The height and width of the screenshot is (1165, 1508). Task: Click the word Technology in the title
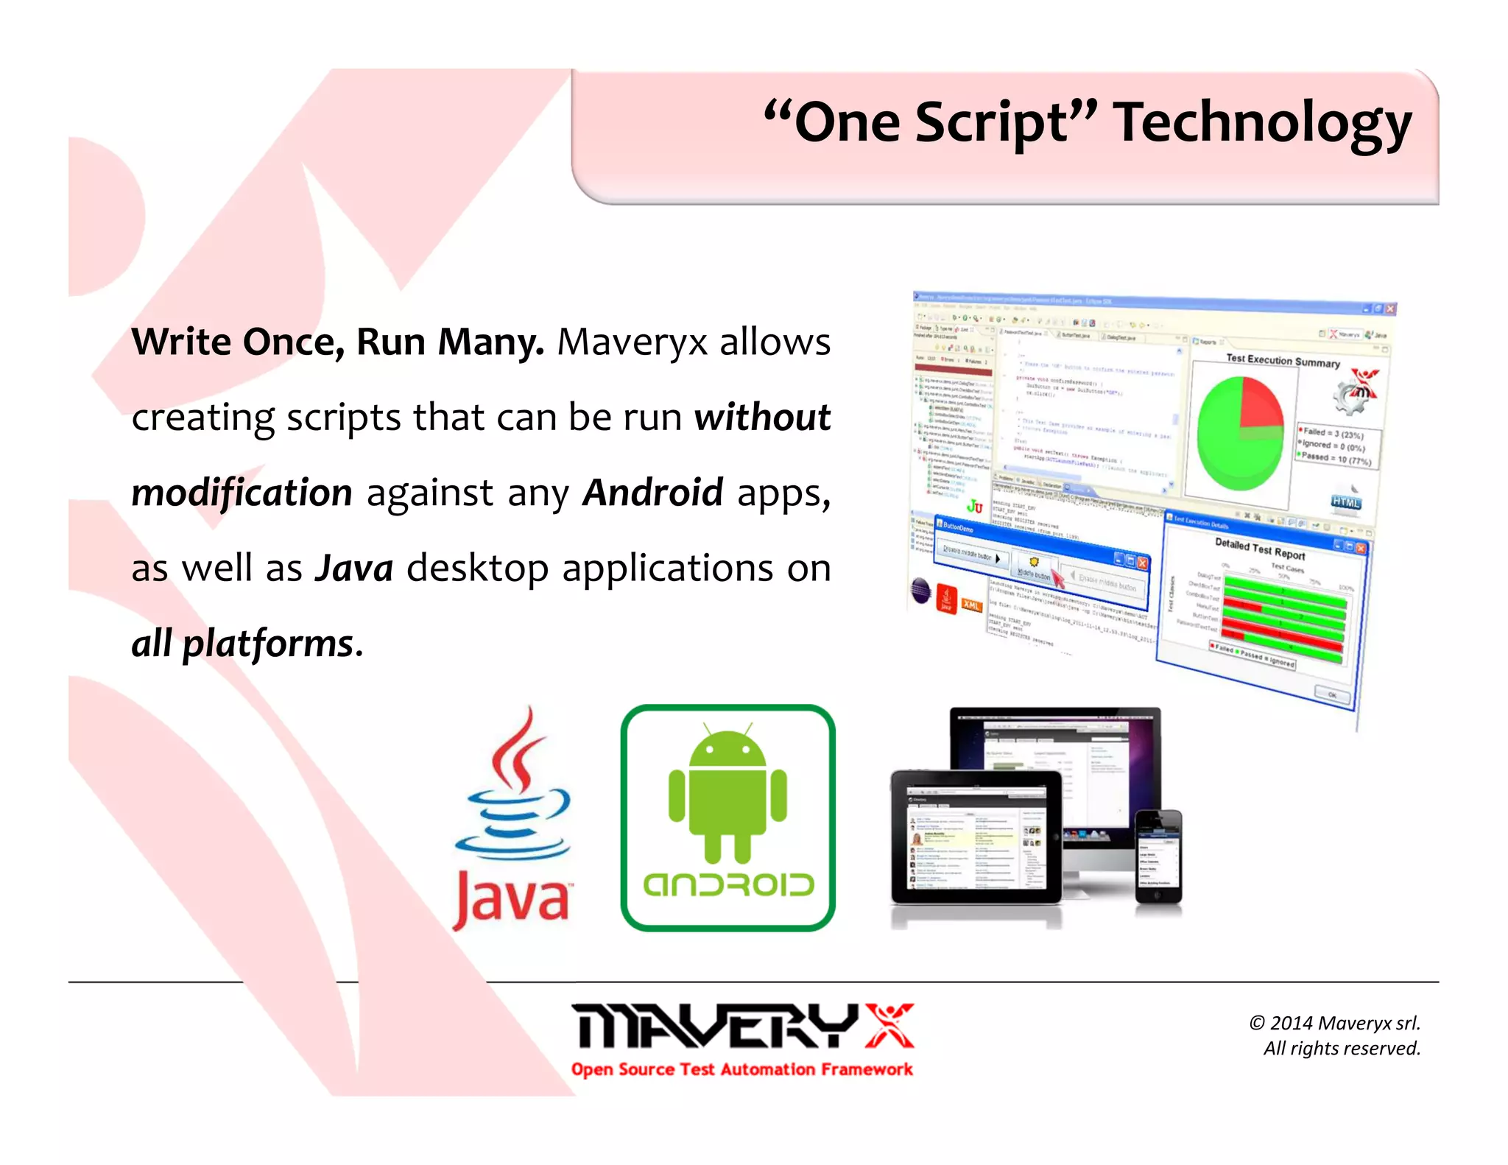click(x=1262, y=123)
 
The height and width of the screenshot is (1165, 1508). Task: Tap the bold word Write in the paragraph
click(x=181, y=342)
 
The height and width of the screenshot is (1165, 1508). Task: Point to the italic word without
click(x=762, y=418)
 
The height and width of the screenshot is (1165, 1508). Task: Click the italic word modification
click(x=242, y=493)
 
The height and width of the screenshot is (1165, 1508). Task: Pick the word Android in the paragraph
click(x=652, y=493)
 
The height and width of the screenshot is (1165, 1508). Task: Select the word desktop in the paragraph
click(x=477, y=569)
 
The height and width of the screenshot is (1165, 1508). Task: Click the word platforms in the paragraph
click(x=268, y=644)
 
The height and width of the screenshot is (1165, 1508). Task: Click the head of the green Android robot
click(x=727, y=747)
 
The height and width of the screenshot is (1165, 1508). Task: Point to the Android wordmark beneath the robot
click(x=728, y=884)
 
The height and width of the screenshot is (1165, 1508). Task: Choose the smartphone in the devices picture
click(x=1158, y=856)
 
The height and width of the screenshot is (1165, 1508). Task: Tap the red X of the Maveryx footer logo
click(x=889, y=1025)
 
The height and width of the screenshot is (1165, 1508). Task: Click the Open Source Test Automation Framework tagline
click(x=741, y=1069)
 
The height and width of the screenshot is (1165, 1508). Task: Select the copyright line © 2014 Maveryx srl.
click(x=1334, y=1023)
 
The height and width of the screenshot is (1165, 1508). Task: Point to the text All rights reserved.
click(x=1342, y=1049)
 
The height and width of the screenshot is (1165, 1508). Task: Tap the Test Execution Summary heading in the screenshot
click(x=1282, y=361)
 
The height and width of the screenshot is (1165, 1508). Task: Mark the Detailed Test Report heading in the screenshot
click(x=1259, y=549)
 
